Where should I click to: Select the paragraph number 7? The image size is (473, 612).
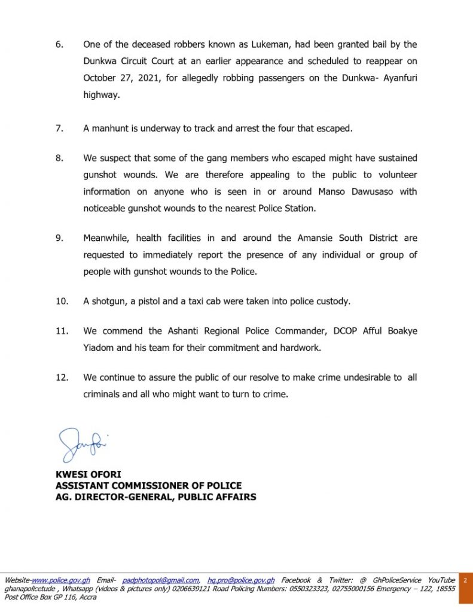[x=59, y=128]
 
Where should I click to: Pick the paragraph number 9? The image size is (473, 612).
[x=59, y=238]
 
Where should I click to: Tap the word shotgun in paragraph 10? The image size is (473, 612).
[x=110, y=301]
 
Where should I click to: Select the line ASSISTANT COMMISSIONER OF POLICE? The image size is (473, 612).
[x=148, y=485]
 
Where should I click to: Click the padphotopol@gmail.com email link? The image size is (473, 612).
[x=160, y=580]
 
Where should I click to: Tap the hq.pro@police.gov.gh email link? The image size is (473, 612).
[x=241, y=580]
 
